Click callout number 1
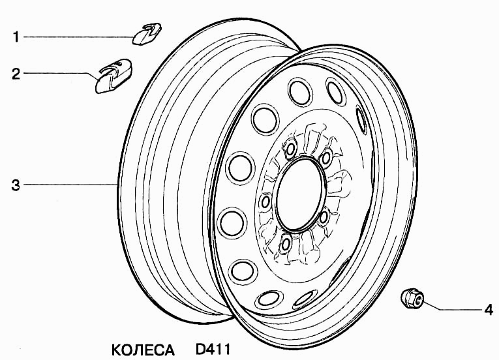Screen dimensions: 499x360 (16, 37)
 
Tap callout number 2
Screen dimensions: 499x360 (16, 74)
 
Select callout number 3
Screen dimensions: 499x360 (16, 185)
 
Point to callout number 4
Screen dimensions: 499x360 (489, 309)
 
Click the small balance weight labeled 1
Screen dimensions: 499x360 (146, 34)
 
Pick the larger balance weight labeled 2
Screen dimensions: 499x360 (113, 76)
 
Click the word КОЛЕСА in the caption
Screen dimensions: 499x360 (143, 350)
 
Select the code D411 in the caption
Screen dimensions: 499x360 (212, 349)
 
